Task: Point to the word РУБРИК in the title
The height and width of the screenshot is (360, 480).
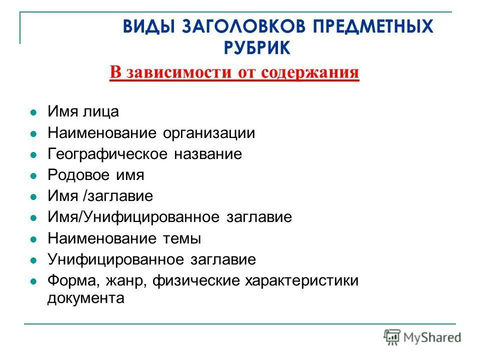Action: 256,48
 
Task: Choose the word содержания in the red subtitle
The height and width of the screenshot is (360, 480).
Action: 310,72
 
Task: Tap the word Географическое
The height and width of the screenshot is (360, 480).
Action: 108,154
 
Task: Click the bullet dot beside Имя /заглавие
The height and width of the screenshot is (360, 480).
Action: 33,197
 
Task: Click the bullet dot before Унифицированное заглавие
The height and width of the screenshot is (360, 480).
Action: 33,260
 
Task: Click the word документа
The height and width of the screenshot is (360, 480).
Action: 85,298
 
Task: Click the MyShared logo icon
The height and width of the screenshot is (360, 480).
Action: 392,337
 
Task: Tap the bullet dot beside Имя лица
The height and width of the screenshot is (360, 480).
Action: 33,112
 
